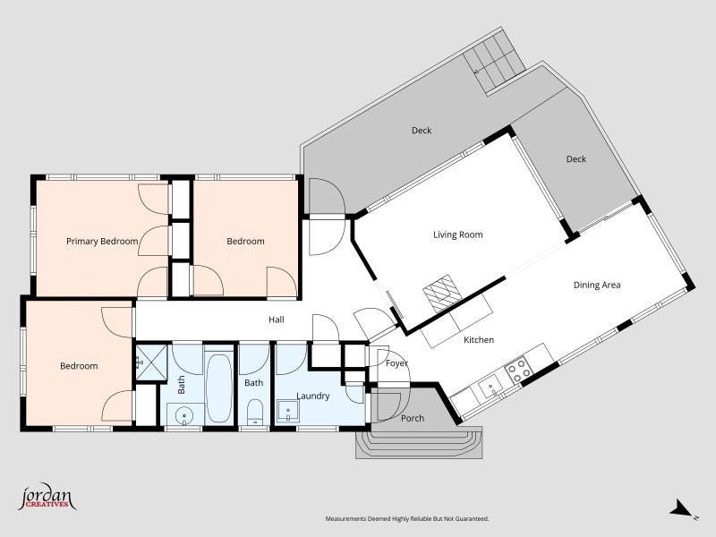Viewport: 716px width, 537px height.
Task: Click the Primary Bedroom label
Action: click(x=102, y=241)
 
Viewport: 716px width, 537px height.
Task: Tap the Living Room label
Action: click(x=458, y=234)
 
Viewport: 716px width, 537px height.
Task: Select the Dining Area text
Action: click(x=597, y=285)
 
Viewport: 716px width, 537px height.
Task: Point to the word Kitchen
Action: click(x=479, y=340)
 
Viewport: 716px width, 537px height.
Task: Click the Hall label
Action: click(x=277, y=320)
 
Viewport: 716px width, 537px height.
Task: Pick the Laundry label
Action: click(x=312, y=396)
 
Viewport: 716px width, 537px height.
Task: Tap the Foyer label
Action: click(x=396, y=363)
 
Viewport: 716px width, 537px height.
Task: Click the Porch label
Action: click(x=413, y=418)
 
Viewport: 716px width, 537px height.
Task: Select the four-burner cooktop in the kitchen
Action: click(x=518, y=370)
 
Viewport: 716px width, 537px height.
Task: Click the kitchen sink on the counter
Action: click(x=490, y=388)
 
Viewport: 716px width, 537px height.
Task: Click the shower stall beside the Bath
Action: click(x=151, y=362)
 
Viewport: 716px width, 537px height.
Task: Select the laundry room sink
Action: click(x=288, y=412)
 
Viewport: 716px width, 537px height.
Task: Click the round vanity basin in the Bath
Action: click(x=185, y=415)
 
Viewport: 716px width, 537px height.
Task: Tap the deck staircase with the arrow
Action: click(x=494, y=63)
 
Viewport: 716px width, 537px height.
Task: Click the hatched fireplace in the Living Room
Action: click(x=441, y=294)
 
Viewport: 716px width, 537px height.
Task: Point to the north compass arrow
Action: click(x=680, y=508)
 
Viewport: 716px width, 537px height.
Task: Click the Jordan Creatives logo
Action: click(x=47, y=497)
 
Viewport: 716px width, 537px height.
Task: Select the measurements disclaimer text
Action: click(x=407, y=519)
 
